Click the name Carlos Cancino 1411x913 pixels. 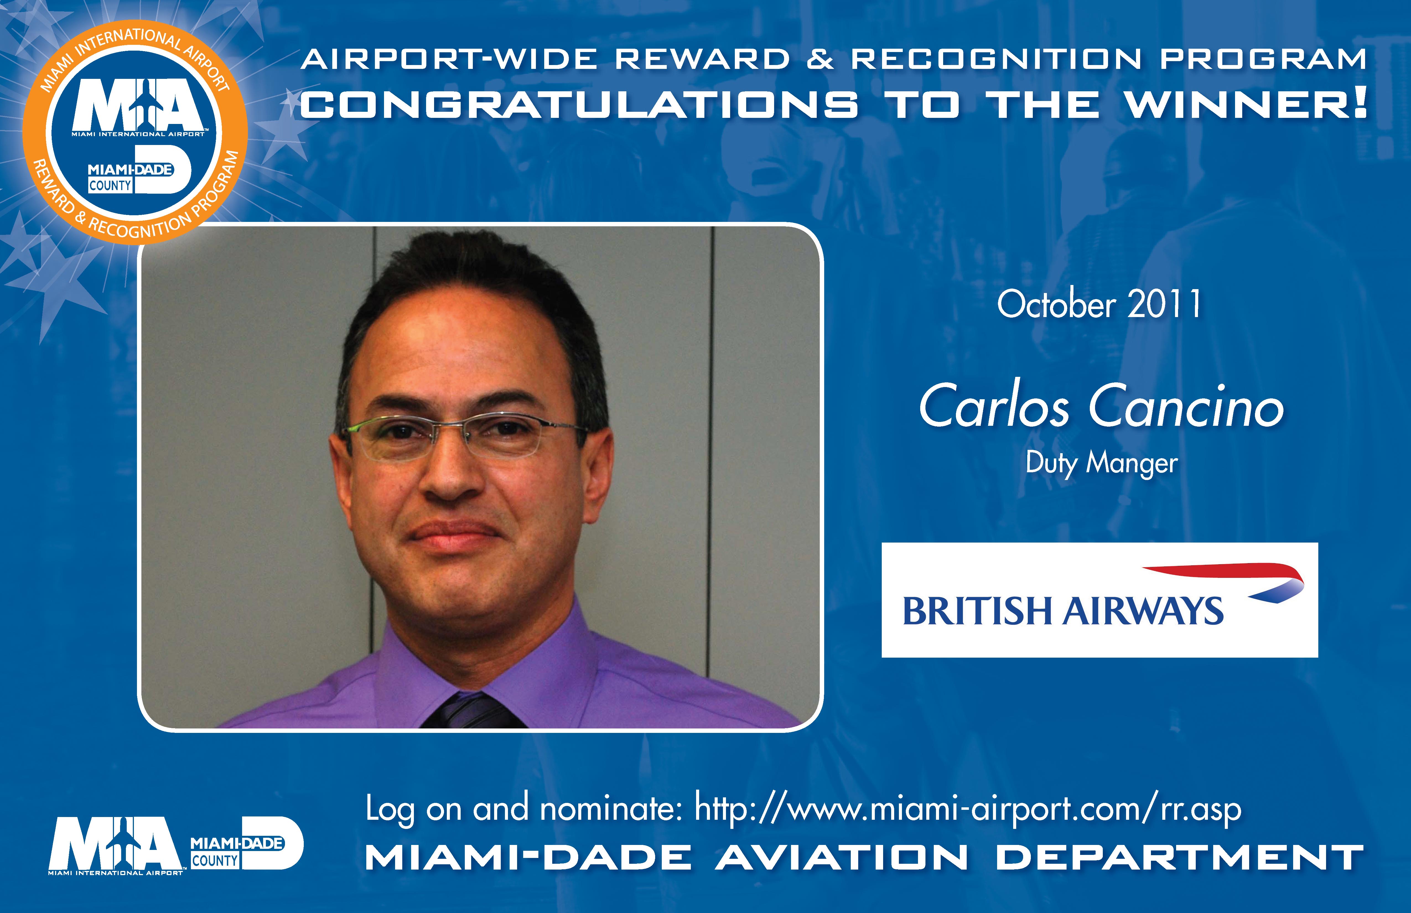(x=1101, y=407)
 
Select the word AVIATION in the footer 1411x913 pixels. (x=842, y=858)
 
